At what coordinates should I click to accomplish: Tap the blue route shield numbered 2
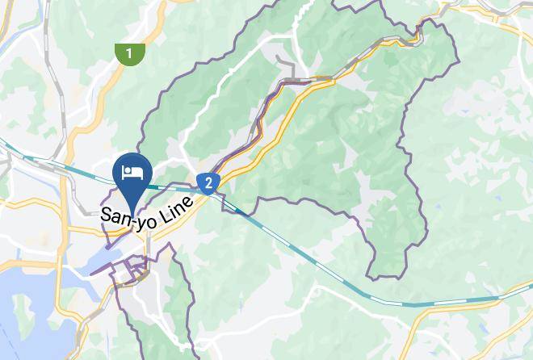tap(208, 182)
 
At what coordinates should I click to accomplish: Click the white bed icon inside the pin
tap(131, 171)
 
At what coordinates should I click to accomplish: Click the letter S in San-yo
tap(106, 218)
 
